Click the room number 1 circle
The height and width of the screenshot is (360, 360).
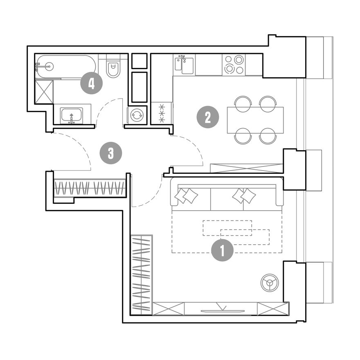pyautogui.click(x=222, y=250)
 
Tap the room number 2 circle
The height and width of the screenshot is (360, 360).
pyautogui.click(x=208, y=117)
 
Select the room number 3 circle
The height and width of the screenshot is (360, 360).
pyautogui.click(x=111, y=153)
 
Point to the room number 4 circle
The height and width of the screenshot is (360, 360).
pyautogui.click(x=91, y=83)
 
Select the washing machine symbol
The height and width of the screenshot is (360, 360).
pyautogui.click(x=137, y=115)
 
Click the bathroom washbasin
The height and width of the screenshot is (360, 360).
pyautogui.click(x=72, y=115)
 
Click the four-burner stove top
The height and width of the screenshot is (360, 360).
pyautogui.click(x=234, y=65)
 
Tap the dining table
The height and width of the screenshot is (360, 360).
pyautogui.click(x=255, y=120)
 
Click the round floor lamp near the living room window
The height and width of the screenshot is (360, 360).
pyautogui.click(x=270, y=283)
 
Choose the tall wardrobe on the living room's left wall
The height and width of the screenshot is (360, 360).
pyautogui.click(x=142, y=275)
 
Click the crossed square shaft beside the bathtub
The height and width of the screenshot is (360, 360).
pyautogui.click(x=44, y=92)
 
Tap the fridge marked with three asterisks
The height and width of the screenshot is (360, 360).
pyautogui.click(x=162, y=113)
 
